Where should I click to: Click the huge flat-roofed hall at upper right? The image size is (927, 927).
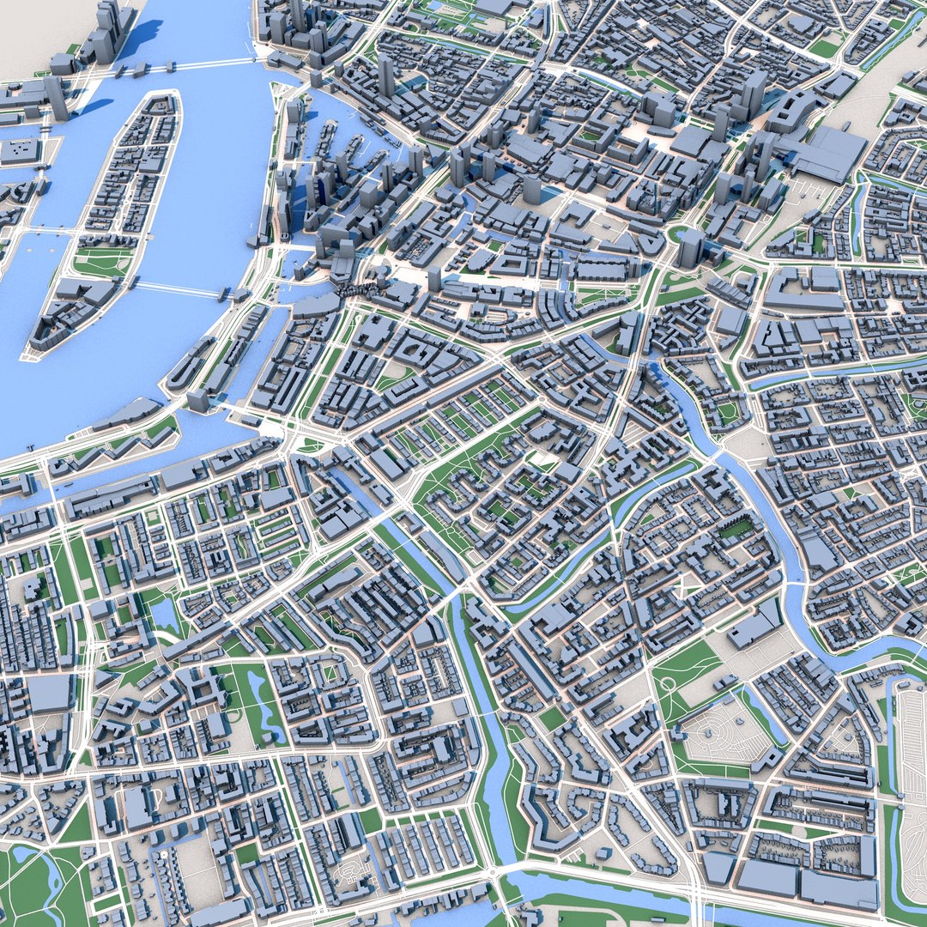pos(828,154)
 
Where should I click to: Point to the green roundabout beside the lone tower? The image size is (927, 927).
pos(678,233)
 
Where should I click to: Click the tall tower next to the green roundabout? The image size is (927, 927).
pos(692,247)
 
